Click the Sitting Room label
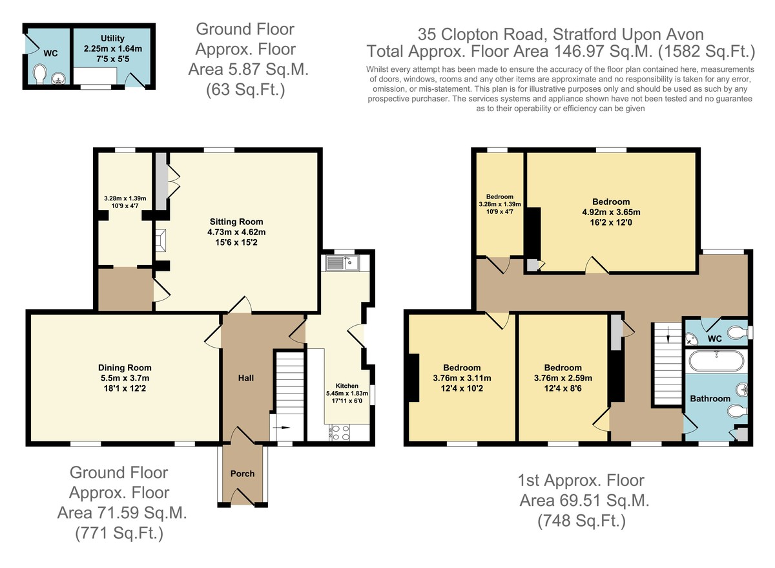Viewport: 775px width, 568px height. point(236,222)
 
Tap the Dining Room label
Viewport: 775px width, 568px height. point(125,368)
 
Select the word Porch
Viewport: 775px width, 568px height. point(243,474)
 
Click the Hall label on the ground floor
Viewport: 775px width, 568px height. point(246,378)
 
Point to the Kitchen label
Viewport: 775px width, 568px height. point(347,386)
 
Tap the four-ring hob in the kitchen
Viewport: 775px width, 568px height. point(340,432)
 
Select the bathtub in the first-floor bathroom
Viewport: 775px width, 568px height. point(716,361)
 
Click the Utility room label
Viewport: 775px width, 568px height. point(112,38)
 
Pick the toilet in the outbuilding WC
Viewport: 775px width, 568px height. point(40,74)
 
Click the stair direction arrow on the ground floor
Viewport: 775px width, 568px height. point(282,428)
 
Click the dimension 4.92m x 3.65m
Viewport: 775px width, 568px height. point(612,212)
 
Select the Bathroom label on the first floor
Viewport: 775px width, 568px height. point(710,399)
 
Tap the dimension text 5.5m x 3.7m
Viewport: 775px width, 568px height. point(125,378)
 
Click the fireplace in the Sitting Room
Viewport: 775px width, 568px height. point(161,240)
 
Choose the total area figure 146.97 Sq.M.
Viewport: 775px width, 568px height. point(604,52)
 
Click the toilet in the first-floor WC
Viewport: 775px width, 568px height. point(739,333)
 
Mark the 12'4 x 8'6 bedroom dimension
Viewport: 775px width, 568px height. point(563,388)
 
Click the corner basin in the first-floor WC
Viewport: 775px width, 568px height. point(691,338)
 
